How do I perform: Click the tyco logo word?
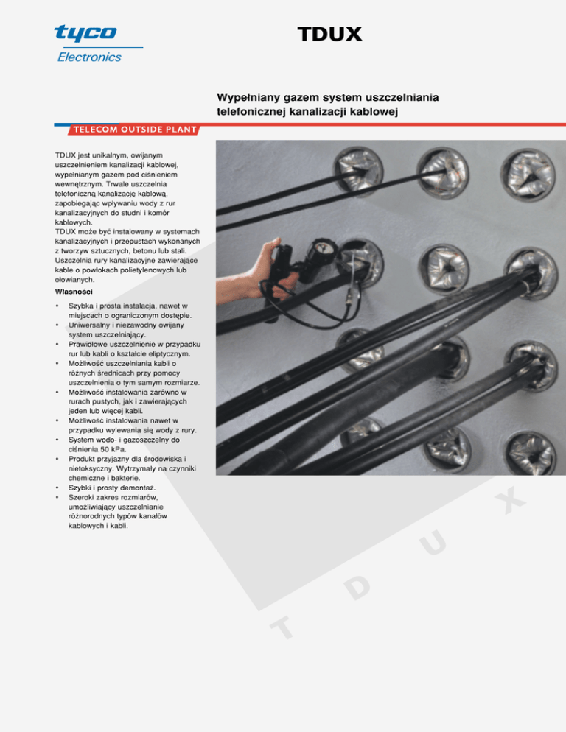coord(85,32)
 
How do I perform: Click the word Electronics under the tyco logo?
coord(89,57)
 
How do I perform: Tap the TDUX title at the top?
coord(329,34)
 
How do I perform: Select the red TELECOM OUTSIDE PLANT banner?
coord(134,130)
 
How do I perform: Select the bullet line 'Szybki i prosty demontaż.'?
coord(112,488)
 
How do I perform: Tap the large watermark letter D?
coord(357,586)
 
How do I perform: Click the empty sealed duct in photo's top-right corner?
coord(528,175)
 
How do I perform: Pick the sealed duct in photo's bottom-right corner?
coord(531,452)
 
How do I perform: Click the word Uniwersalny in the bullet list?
coord(88,325)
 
